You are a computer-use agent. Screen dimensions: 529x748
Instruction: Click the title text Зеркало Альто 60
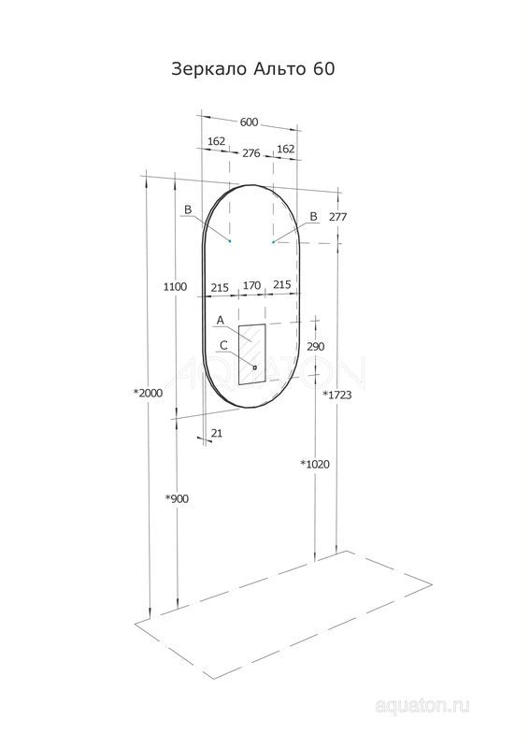(252, 69)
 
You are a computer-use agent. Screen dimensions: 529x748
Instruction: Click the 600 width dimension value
(249, 122)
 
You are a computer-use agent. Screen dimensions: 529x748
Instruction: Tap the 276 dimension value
(251, 153)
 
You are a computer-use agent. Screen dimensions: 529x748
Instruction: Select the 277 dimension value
(337, 217)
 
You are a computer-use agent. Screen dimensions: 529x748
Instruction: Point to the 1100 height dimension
(175, 287)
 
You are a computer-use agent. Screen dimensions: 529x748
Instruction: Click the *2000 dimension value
(148, 393)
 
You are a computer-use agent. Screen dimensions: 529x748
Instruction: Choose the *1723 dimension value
(337, 395)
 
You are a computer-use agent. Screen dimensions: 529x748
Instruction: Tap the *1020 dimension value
(315, 464)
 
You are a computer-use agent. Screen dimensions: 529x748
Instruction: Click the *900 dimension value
(177, 499)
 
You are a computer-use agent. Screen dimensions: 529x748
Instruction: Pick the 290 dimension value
(315, 346)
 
